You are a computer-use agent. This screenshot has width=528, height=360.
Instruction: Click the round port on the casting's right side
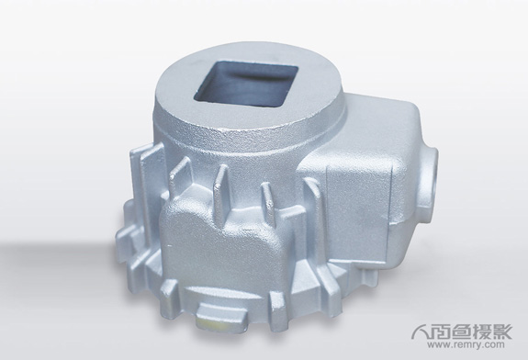tap(432, 184)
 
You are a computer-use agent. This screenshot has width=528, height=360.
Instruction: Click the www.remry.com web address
tap(466, 344)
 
